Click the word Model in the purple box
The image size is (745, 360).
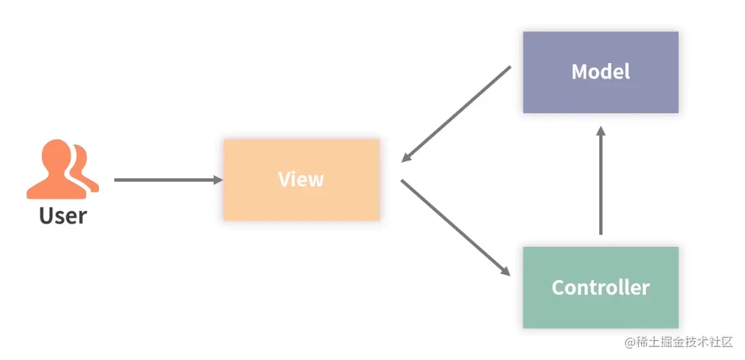[x=601, y=71]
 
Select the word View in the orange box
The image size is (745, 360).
[x=301, y=180]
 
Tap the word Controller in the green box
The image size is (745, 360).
[x=601, y=287]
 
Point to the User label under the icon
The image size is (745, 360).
[x=63, y=216]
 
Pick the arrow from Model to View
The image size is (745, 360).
[x=456, y=114]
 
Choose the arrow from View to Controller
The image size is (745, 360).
[x=456, y=228]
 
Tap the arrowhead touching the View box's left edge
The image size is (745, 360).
[x=218, y=180]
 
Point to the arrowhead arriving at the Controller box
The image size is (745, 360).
[x=505, y=271]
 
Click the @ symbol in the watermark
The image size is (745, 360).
[x=630, y=342]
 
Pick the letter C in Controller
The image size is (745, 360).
[x=559, y=287]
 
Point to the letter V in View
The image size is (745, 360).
[x=284, y=180]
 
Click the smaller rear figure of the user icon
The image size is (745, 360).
[x=85, y=166]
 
